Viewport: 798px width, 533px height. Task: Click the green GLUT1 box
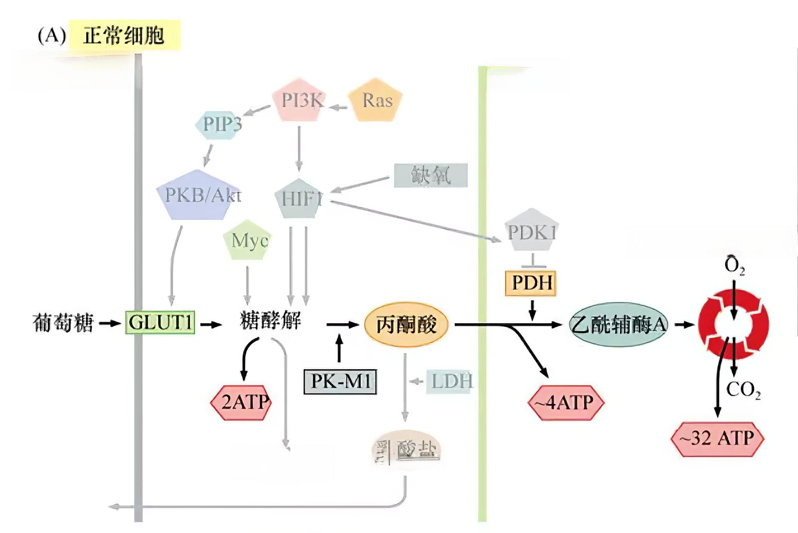coord(160,322)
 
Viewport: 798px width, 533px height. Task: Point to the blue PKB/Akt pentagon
coord(199,195)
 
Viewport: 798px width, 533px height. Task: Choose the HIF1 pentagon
coord(300,199)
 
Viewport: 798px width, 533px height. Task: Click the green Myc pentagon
coord(248,241)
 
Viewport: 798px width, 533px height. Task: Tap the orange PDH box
coord(531,283)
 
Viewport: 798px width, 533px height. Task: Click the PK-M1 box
coord(340,382)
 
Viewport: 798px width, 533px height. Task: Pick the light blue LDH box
coord(450,382)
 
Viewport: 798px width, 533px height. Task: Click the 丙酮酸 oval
coord(406,325)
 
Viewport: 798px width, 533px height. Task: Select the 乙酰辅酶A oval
coord(618,325)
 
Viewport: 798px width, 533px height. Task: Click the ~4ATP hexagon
coord(566,402)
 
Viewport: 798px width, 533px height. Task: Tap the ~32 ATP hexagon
coord(717,438)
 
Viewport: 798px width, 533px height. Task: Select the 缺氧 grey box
coord(431,175)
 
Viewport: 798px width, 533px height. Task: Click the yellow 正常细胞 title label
coord(124,36)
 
